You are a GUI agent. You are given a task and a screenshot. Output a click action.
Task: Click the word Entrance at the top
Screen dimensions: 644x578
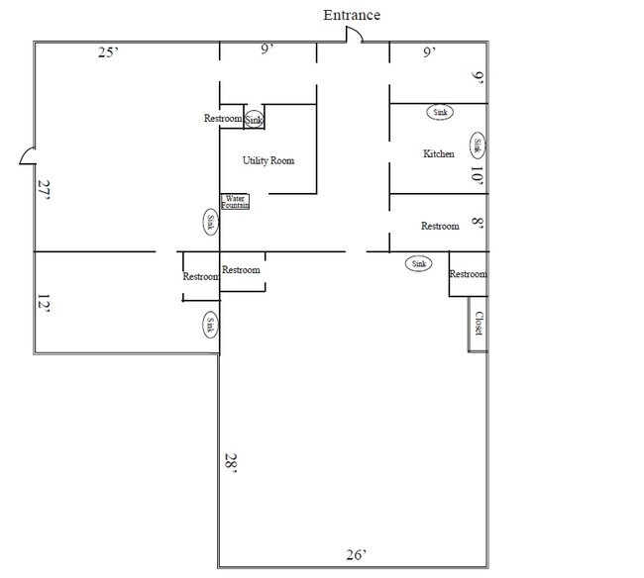[x=352, y=15]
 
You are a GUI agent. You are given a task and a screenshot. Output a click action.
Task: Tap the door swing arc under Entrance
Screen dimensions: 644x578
[x=358, y=31]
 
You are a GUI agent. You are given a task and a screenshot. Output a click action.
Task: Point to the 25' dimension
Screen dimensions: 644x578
[x=108, y=52]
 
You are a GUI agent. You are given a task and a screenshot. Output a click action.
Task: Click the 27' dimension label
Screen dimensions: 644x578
[x=44, y=189]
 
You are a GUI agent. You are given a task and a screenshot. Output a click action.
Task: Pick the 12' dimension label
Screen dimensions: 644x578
[x=44, y=304]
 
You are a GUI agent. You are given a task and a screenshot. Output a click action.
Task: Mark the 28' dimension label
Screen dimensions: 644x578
[x=231, y=463]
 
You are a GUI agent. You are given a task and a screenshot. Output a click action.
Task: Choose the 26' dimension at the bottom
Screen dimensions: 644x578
[x=356, y=554]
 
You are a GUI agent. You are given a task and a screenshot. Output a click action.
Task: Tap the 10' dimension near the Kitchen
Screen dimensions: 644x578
[x=477, y=175]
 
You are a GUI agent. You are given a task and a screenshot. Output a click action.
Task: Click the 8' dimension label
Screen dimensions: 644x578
[x=478, y=223]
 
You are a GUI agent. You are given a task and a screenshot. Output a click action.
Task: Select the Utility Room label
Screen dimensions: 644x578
[x=268, y=160]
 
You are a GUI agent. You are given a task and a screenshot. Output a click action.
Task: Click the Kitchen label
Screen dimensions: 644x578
[x=439, y=153]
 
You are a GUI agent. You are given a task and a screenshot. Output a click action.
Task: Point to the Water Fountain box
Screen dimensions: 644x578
[x=235, y=202]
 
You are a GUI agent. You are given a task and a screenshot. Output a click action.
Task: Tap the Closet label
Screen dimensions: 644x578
[x=479, y=324]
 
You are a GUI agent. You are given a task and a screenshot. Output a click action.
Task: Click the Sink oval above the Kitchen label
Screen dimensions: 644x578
[x=440, y=112]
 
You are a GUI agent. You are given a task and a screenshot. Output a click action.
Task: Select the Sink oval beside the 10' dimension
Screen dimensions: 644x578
[x=478, y=145]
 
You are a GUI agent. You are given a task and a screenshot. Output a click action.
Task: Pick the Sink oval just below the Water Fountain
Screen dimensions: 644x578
[x=211, y=222]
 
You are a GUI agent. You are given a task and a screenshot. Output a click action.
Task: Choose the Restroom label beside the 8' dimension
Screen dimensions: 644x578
[x=440, y=226]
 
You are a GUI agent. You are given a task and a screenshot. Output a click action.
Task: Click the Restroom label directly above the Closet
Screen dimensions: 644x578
[x=468, y=274]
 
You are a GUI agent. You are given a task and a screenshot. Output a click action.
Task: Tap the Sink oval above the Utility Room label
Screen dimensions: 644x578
[x=254, y=120]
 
